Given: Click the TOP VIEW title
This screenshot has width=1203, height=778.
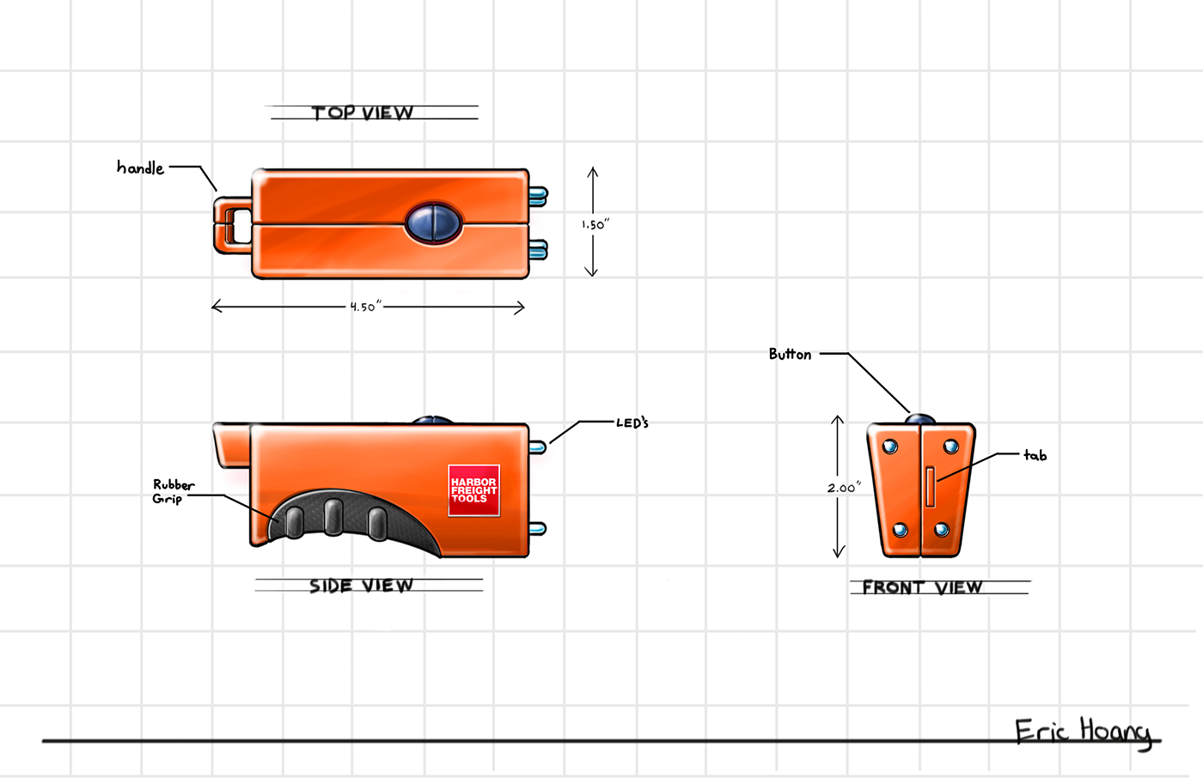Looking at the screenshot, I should click(x=363, y=112).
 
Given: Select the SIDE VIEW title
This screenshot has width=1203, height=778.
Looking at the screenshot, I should click(x=361, y=586).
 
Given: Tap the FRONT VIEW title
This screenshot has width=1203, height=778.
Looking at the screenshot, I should click(x=922, y=587).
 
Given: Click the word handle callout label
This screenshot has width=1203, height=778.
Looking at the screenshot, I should click(x=140, y=167).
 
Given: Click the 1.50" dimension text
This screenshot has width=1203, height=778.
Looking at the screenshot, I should click(x=595, y=225).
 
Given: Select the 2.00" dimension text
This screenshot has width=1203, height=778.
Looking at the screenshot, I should click(x=844, y=488).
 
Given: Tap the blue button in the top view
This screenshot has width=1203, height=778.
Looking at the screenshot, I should click(x=435, y=222).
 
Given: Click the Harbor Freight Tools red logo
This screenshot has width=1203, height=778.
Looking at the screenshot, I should click(x=473, y=490).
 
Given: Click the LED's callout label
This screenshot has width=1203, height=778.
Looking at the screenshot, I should click(x=632, y=422).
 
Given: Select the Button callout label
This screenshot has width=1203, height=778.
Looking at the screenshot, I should click(x=790, y=354).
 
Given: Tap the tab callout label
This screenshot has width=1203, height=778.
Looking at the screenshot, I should click(x=1035, y=455).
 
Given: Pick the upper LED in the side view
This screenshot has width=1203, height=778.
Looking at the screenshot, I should click(x=538, y=447).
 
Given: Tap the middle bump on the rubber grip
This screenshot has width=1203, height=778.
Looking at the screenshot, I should click(x=334, y=516).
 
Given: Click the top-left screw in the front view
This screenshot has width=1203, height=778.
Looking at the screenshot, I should click(x=890, y=447).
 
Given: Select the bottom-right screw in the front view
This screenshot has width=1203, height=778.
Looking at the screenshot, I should click(x=942, y=529).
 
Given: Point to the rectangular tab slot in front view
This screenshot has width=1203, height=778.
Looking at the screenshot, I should click(x=931, y=486).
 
